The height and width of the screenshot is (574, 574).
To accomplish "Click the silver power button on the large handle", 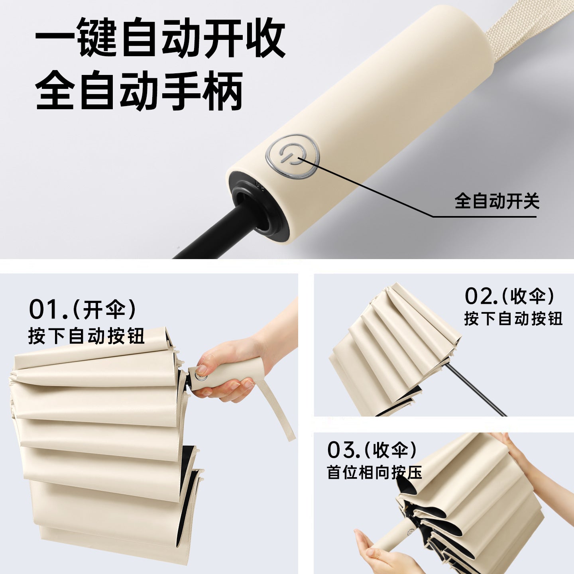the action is (293, 156).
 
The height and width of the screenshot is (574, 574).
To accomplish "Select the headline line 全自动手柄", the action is (139, 90).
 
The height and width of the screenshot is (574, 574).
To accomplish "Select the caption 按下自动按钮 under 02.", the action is (513, 318).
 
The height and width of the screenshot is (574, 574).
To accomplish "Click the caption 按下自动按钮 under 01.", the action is (86, 336).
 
